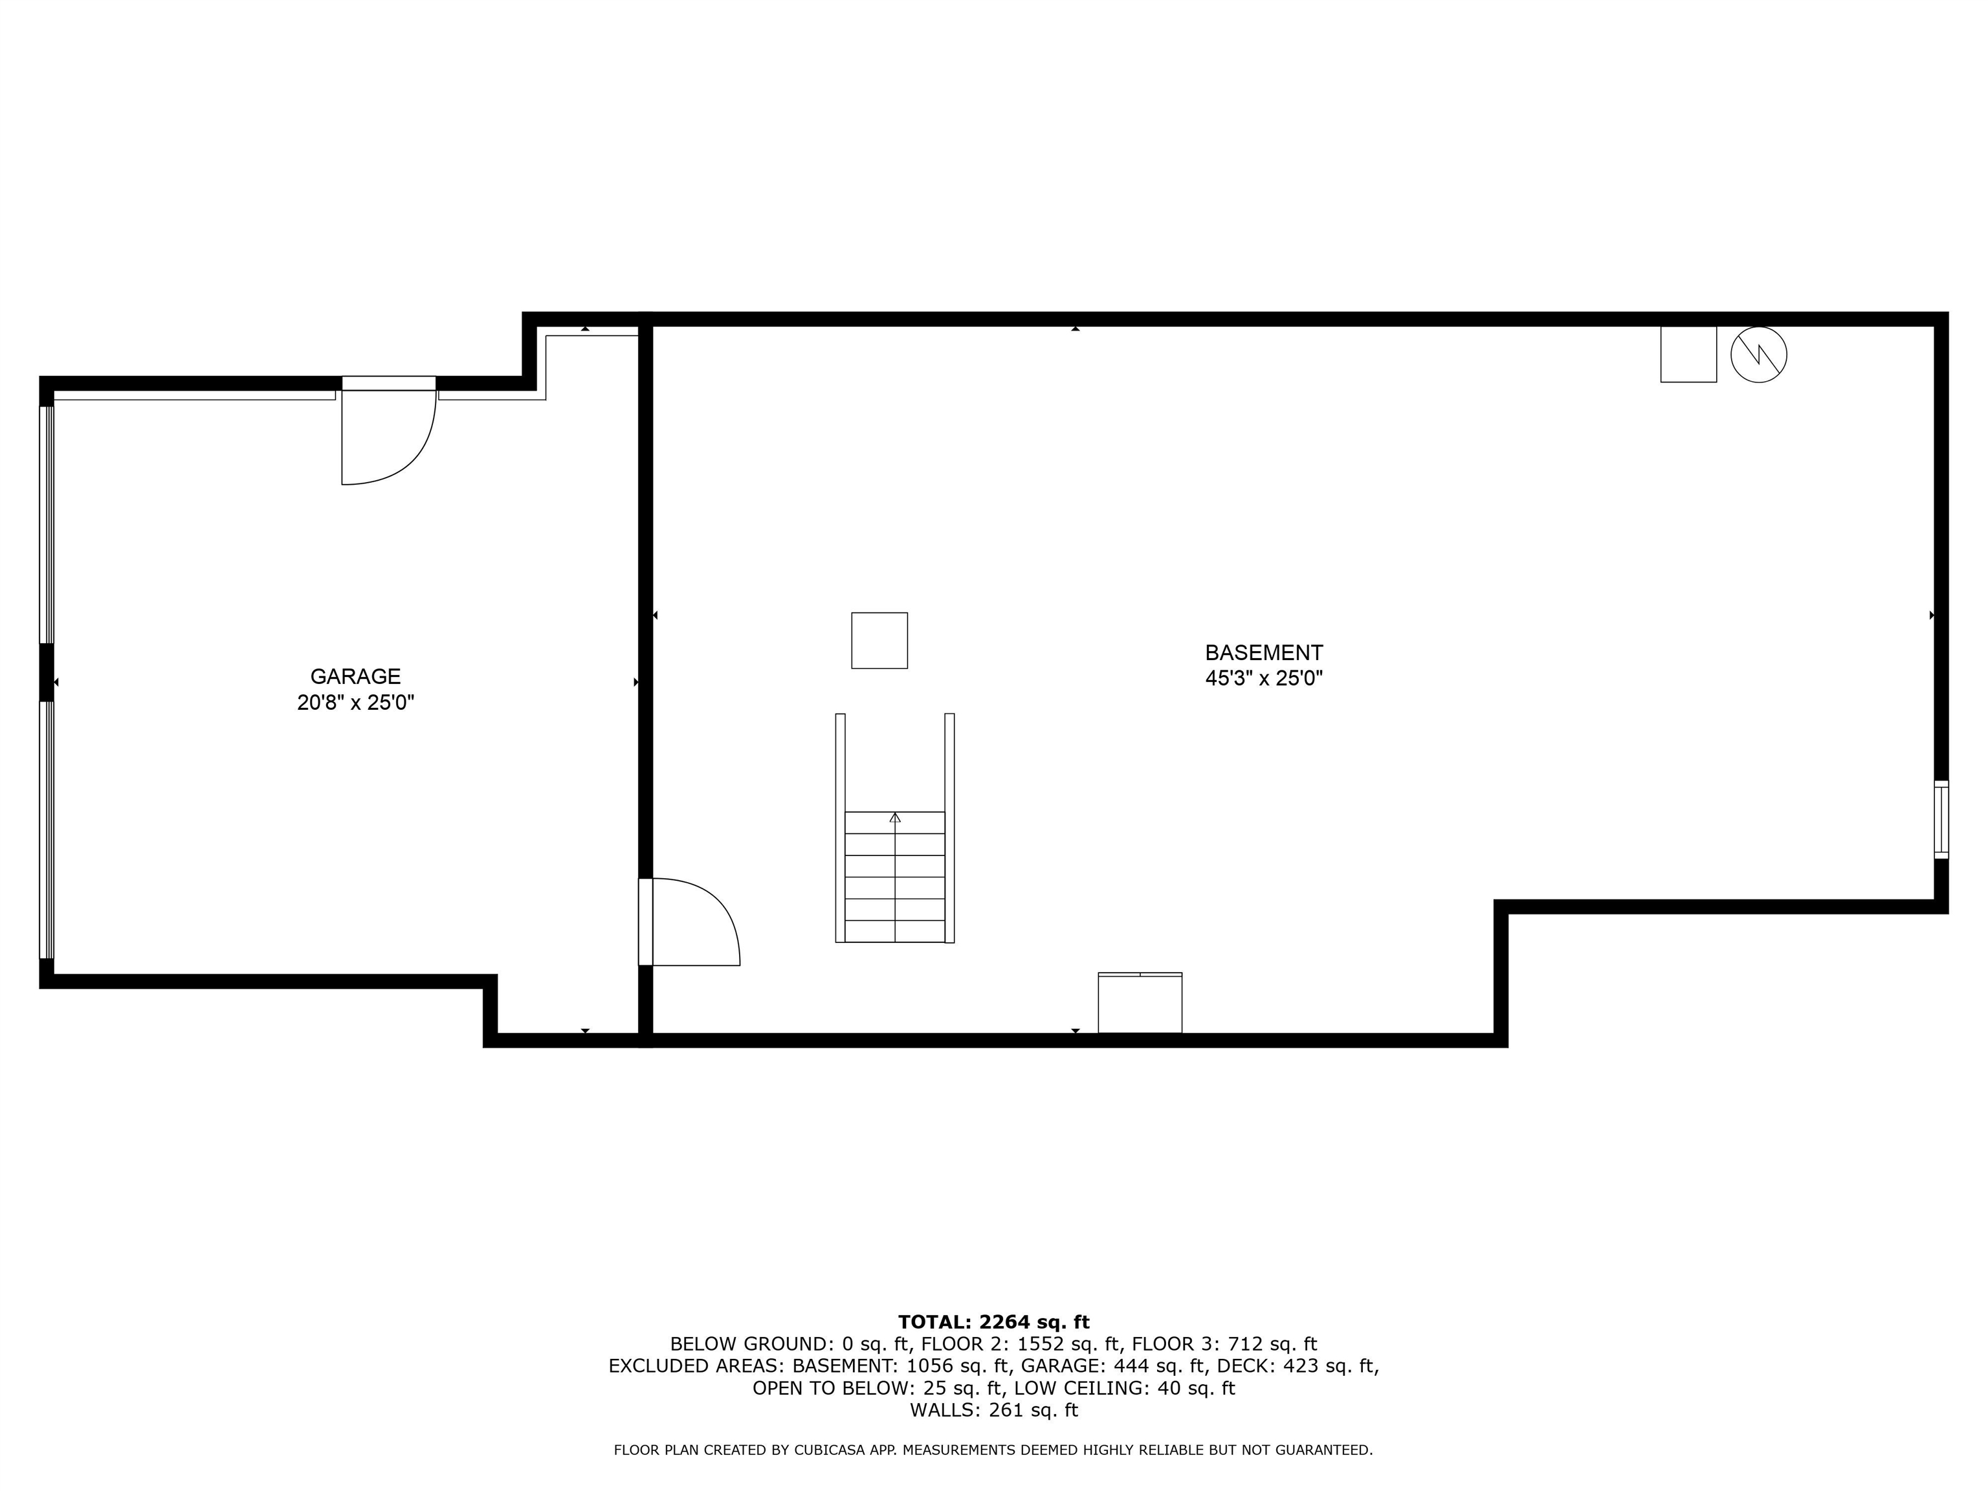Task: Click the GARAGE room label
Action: point(355,677)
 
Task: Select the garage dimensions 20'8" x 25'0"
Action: point(355,703)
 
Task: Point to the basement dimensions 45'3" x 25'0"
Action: point(1264,679)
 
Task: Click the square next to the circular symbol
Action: point(1689,354)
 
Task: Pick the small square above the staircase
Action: point(880,641)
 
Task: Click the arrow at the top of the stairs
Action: point(895,817)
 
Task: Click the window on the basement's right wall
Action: point(1941,819)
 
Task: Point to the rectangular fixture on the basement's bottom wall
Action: point(1140,1003)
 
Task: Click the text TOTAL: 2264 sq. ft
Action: point(993,1322)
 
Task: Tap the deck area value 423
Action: point(1306,1366)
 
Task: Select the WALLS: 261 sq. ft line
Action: point(993,1410)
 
